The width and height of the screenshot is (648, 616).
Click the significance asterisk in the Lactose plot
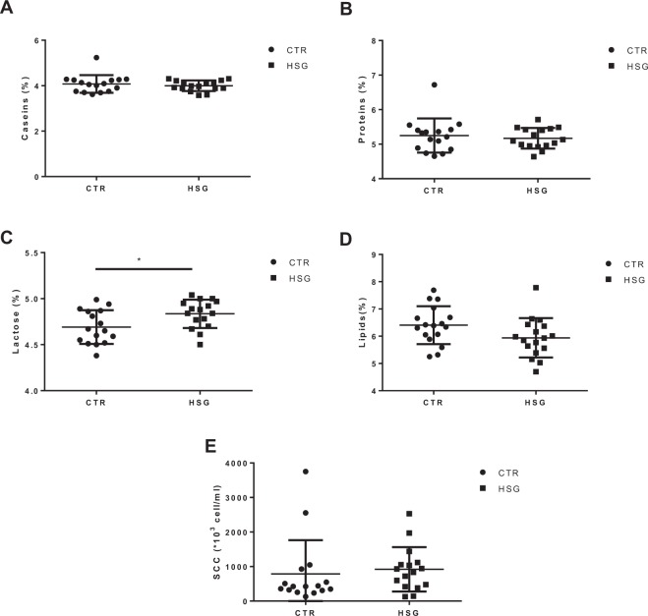(140, 261)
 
